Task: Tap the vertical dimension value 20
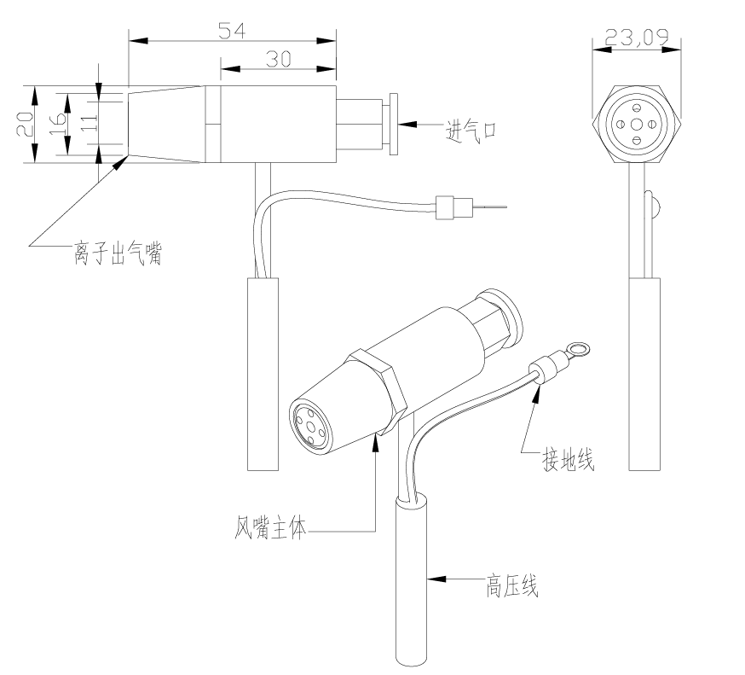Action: pyautogui.click(x=26, y=124)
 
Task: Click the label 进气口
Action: pyautogui.click(x=471, y=131)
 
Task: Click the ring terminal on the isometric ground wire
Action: pyautogui.click(x=580, y=347)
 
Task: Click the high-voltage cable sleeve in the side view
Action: pyautogui.click(x=261, y=373)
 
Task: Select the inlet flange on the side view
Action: pyautogui.click(x=393, y=124)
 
